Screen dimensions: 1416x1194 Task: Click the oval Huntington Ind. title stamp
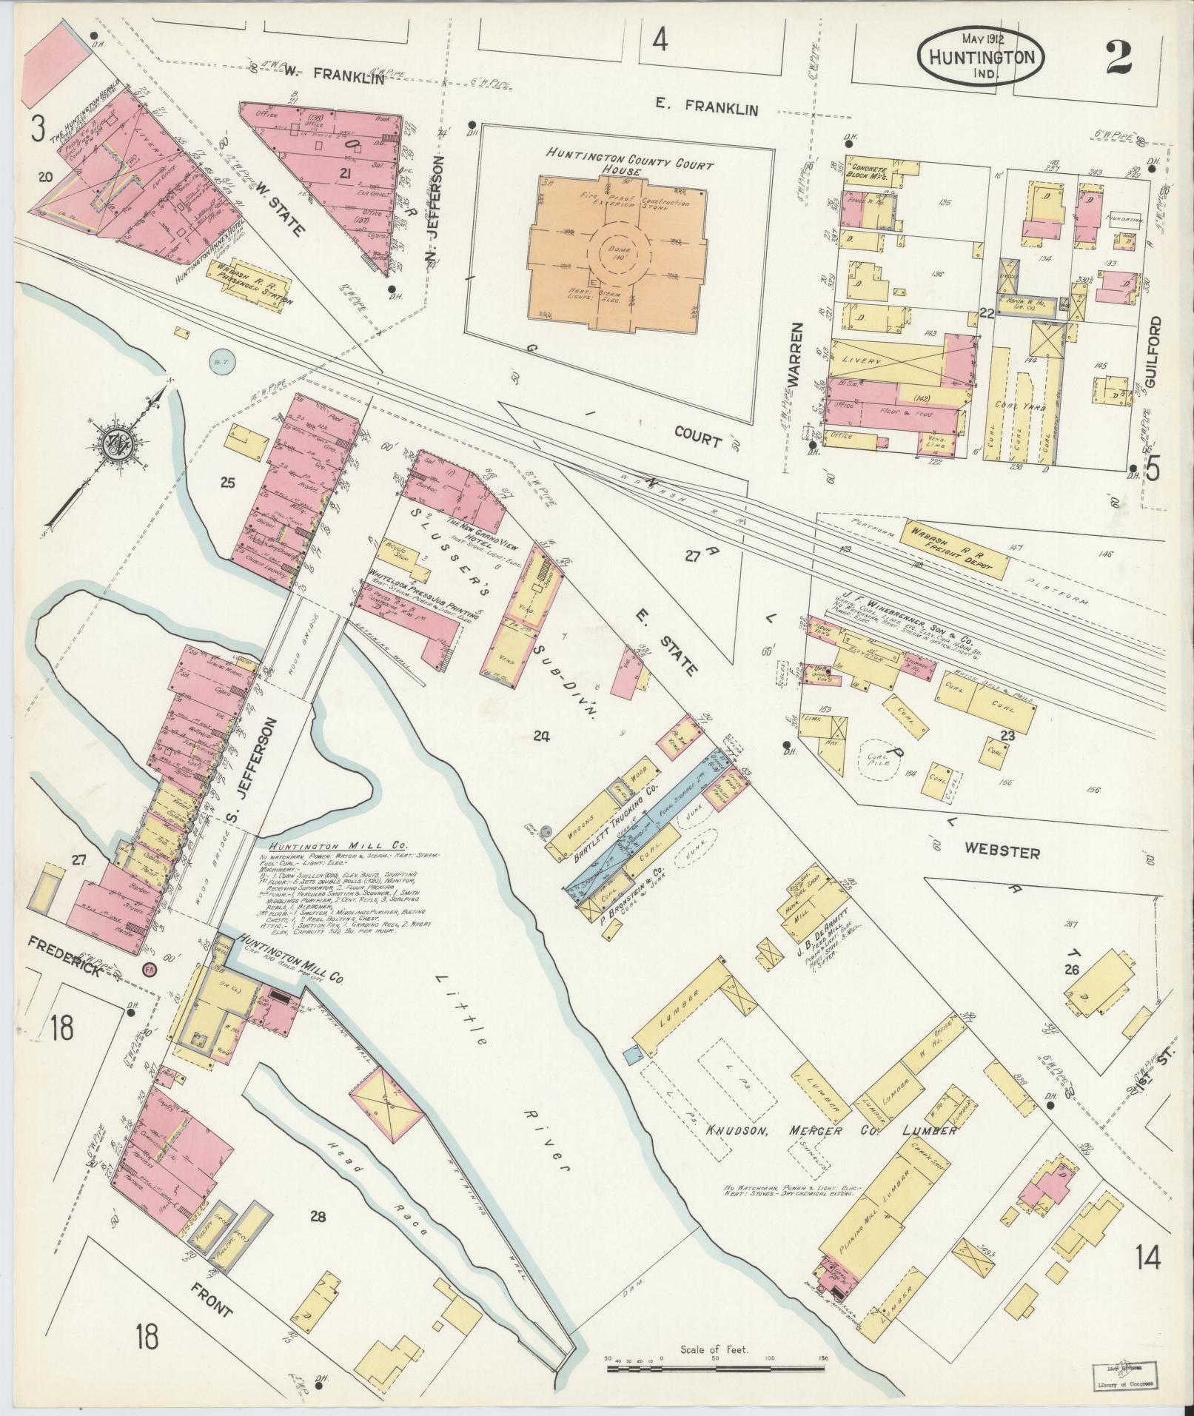coord(982,56)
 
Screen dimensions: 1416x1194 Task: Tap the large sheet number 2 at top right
coord(1122,57)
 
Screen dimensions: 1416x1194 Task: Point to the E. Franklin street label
coord(707,109)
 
